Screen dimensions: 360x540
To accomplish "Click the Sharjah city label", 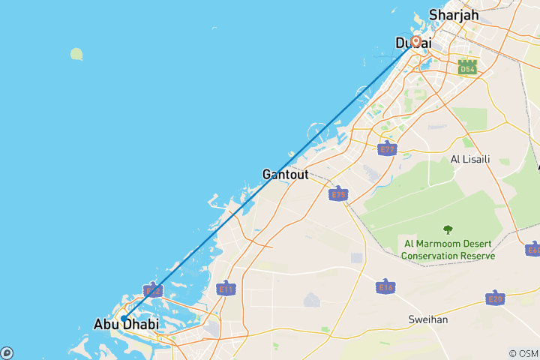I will click(x=453, y=14).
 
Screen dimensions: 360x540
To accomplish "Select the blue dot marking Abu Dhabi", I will click(x=124, y=318).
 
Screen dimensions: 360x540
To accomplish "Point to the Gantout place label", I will click(x=285, y=174).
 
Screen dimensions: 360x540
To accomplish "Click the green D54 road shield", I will click(x=468, y=68).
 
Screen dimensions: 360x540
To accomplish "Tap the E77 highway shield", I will click(x=387, y=148).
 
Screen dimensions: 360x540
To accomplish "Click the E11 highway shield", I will click(x=225, y=288).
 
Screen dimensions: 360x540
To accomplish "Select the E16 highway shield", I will click(x=385, y=286).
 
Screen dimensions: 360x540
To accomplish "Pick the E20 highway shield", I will click(x=494, y=298).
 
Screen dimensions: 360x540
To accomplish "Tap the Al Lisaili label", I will click(x=470, y=159).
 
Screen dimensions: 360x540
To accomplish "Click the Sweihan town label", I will click(x=428, y=319).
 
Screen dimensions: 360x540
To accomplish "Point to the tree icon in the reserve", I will click(x=448, y=230).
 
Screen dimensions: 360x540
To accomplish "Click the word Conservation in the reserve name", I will click(x=431, y=256).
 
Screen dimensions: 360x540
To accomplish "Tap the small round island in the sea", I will click(x=76, y=54).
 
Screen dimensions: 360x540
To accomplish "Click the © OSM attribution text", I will click(x=523, y=353).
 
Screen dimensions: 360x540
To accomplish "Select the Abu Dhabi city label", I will click(x=126, y=325).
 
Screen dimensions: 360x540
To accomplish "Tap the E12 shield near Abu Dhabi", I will click(x=152, y=289).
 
